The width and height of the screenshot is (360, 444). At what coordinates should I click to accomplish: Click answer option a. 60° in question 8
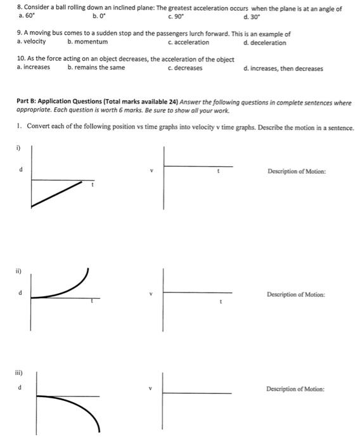[27, 16]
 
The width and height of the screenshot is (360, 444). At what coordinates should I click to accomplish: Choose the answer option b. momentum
[87, 42]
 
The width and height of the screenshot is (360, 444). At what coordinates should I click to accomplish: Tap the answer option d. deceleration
[264, 42]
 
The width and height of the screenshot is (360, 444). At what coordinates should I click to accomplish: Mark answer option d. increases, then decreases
[283, 69]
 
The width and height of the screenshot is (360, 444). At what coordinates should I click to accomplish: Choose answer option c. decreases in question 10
[185, 69]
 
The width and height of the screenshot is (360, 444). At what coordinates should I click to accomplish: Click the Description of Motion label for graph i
[297, 171]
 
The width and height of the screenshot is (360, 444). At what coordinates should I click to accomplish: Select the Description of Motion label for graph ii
[296, 295]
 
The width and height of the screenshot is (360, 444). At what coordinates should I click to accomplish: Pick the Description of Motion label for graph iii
[295, 389]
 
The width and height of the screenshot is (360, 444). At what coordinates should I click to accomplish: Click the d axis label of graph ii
[22, 292]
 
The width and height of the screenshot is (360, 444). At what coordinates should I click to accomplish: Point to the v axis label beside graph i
[151, 171]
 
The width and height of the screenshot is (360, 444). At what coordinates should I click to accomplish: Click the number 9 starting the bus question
[19, 34]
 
